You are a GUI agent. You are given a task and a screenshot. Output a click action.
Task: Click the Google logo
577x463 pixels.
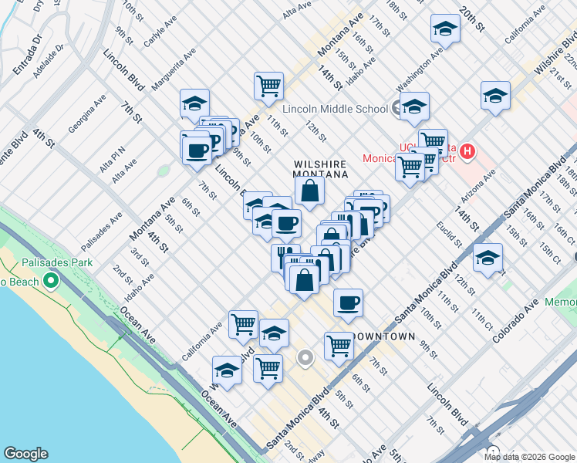pos(25,454)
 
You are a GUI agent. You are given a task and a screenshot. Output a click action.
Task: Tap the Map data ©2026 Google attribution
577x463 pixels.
pos(529,456)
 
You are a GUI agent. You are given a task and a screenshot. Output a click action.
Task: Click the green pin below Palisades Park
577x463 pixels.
pos(52,279)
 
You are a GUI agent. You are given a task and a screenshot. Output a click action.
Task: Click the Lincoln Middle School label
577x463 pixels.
pos(335,109)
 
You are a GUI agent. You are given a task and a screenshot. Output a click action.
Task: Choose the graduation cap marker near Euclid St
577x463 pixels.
pos(488,259)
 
